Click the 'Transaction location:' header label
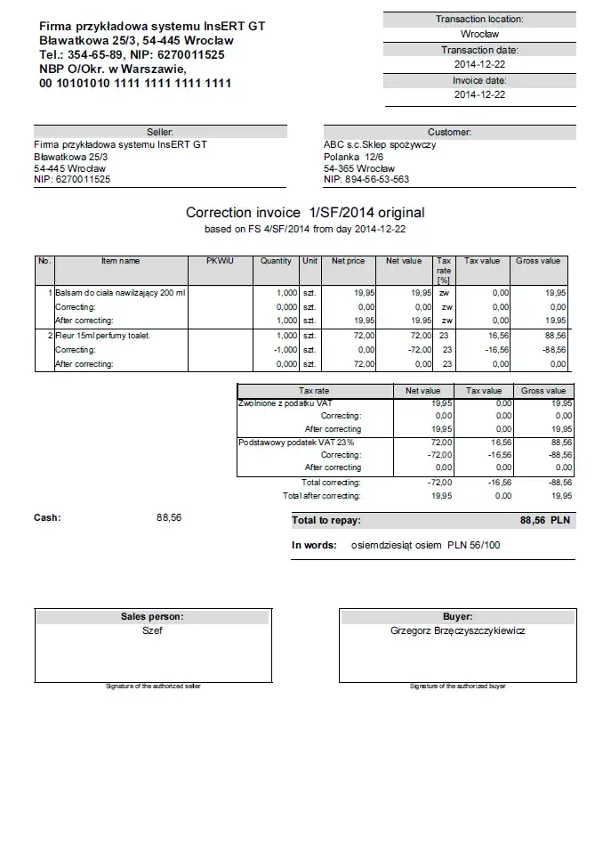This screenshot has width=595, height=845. click(x=478, y=19)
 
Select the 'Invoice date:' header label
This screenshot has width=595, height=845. click(x=478, y=80)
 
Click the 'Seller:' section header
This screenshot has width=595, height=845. click(x=160, y=132)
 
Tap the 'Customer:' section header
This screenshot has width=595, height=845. click(x=449, y=132)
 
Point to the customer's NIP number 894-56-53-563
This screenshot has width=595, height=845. click(x=366, y=179)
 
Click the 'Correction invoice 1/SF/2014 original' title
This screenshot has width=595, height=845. click(x=305, y=213)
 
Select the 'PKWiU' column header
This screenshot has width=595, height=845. click(x=220, y=261)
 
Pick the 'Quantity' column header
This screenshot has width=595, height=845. click(x=276, y=261)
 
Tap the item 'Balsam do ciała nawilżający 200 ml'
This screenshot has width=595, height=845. click(x=120, y=292)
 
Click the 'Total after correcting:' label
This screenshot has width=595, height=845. click(x=322, y=496)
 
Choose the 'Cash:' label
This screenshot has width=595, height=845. click(x=47, y=517)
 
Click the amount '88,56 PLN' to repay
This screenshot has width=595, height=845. click(x=545, y=520)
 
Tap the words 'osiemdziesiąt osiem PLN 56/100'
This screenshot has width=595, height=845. click(x=425, y=544)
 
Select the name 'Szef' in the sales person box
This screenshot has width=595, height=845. click(x=152, y=630)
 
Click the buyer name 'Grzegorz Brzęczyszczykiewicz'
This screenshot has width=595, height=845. click(x=457, y=630)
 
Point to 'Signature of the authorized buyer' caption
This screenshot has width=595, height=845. click(x=457, y=687)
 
